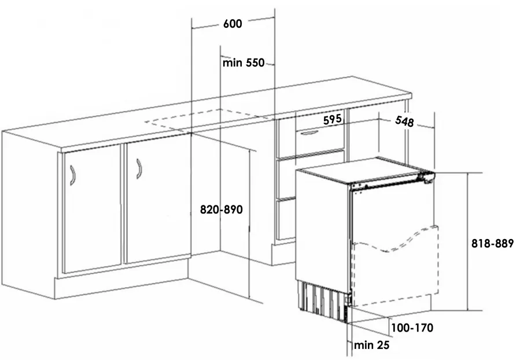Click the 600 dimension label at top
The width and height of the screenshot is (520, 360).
[232, 24]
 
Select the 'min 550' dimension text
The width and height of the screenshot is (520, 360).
[243, 63]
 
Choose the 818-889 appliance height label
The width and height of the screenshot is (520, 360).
[492, 244]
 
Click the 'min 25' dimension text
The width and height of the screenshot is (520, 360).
[372, 346]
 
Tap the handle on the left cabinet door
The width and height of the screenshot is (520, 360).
[72, 175]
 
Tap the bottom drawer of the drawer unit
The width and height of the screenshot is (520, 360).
[286, 219]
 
